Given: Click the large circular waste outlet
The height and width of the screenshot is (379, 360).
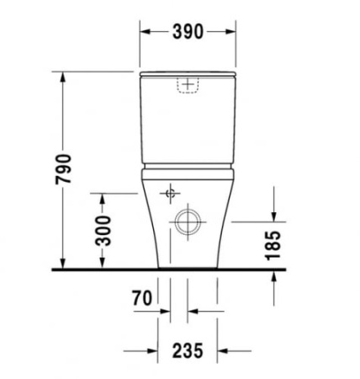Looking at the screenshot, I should click(185, 222).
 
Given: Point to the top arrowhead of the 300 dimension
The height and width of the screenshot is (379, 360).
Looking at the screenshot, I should click(103, 199).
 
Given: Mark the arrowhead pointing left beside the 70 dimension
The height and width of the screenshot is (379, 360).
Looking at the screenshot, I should click(193, 310).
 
